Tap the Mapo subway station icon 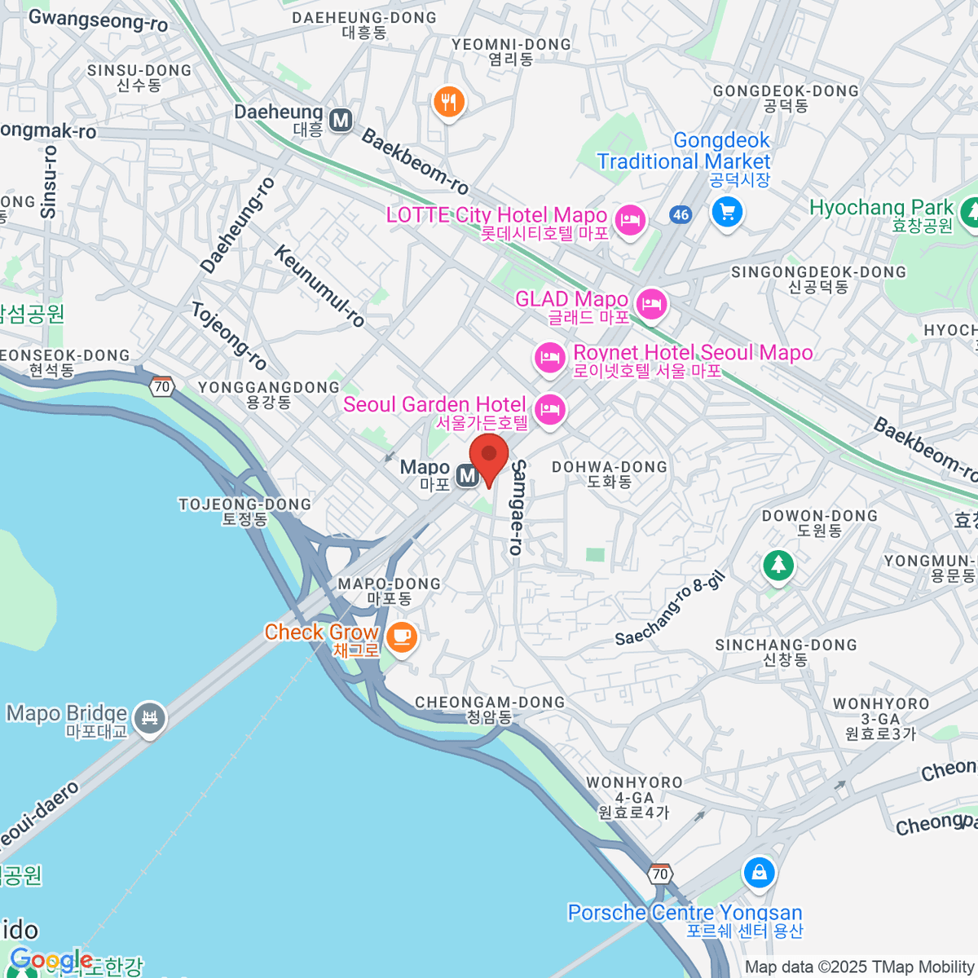point(467,475)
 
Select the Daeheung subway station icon point(341,121)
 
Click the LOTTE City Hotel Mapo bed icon point(629,219)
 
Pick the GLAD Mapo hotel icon point(650,306)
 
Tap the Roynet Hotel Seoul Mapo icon point(550,357)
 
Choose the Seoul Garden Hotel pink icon point(551,409)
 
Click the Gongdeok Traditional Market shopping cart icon point(726,213)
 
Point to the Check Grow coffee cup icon point(401,636)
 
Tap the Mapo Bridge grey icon point(149,718)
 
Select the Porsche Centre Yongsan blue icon point(759,873)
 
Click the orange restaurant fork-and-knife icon point(448,103)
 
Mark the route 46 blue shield point(681,215)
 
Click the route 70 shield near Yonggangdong point(162,386)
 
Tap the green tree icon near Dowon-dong point(778,564)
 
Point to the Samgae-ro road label point(518,507)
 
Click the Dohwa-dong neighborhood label point(610,474)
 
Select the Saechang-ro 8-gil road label point(669,609)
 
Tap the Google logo point(51,959)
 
